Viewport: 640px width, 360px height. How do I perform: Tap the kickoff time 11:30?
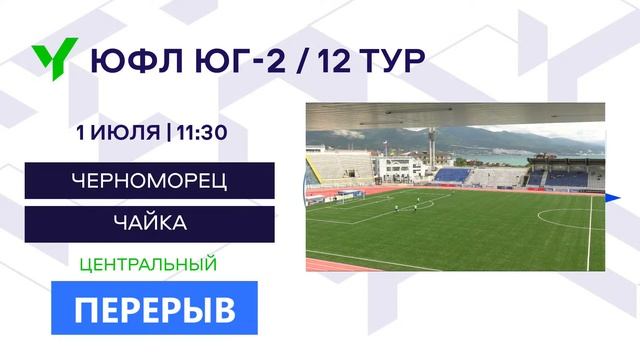tap(206, 132)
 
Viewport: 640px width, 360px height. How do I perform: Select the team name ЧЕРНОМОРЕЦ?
tap(150, 181)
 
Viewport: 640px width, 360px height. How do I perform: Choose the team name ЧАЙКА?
tap(150, 223)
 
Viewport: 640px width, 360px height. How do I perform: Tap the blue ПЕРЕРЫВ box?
tap(155, 308)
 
